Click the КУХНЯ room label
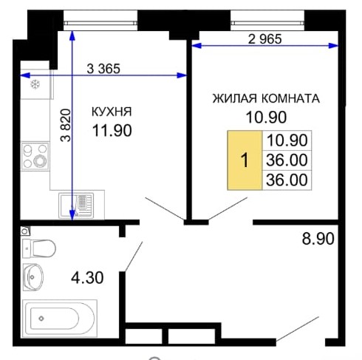[112, 112]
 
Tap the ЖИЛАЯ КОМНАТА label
[266, 98]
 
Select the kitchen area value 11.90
[112, 130]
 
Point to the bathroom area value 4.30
[87, 278]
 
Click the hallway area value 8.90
[318, 239]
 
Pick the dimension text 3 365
[103, 69]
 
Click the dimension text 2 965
[264, 39]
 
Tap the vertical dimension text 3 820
[66, 125]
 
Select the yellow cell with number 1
[245, 160]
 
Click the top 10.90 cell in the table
[287, 140]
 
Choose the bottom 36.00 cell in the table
[287, 180]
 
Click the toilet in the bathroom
[39, 248]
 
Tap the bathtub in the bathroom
[60, 319]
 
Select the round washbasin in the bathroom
[33, 277]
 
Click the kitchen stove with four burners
[35, 156]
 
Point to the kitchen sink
[76, 206]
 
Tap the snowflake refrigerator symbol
[35, 84]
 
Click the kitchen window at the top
[100, 23]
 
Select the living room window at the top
[267, 23]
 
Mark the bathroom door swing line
[134, 257]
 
